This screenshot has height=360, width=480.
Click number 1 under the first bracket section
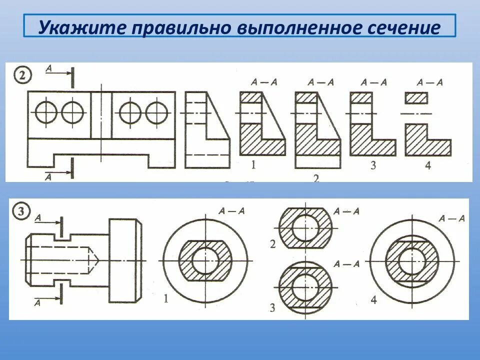pyautogui.click(x=253, y=165)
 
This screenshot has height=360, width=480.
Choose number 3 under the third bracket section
pyautogui.click(x=373, y=165)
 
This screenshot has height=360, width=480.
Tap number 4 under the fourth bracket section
pyautogui.click(x=428, y=165)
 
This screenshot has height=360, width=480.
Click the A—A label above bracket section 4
pyautogui.click(x=430, y=82)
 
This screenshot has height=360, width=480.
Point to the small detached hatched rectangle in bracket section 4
pyautogui.click(x=417, y=98)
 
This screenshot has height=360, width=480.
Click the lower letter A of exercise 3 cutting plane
pyautogui.click(x=38, y=302)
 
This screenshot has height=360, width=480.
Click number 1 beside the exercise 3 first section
pyautogui.click(x=165, y=299)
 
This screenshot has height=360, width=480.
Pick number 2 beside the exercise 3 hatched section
pyautogui.click(x=272, y=244)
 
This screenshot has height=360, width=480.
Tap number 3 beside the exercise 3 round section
pyautogui.click(x=272, y=307)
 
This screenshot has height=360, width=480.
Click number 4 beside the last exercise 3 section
pyautogui.click(x=373, y=300)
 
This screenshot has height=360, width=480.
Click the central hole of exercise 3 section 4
pyautogui.click(x=413, y=260)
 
